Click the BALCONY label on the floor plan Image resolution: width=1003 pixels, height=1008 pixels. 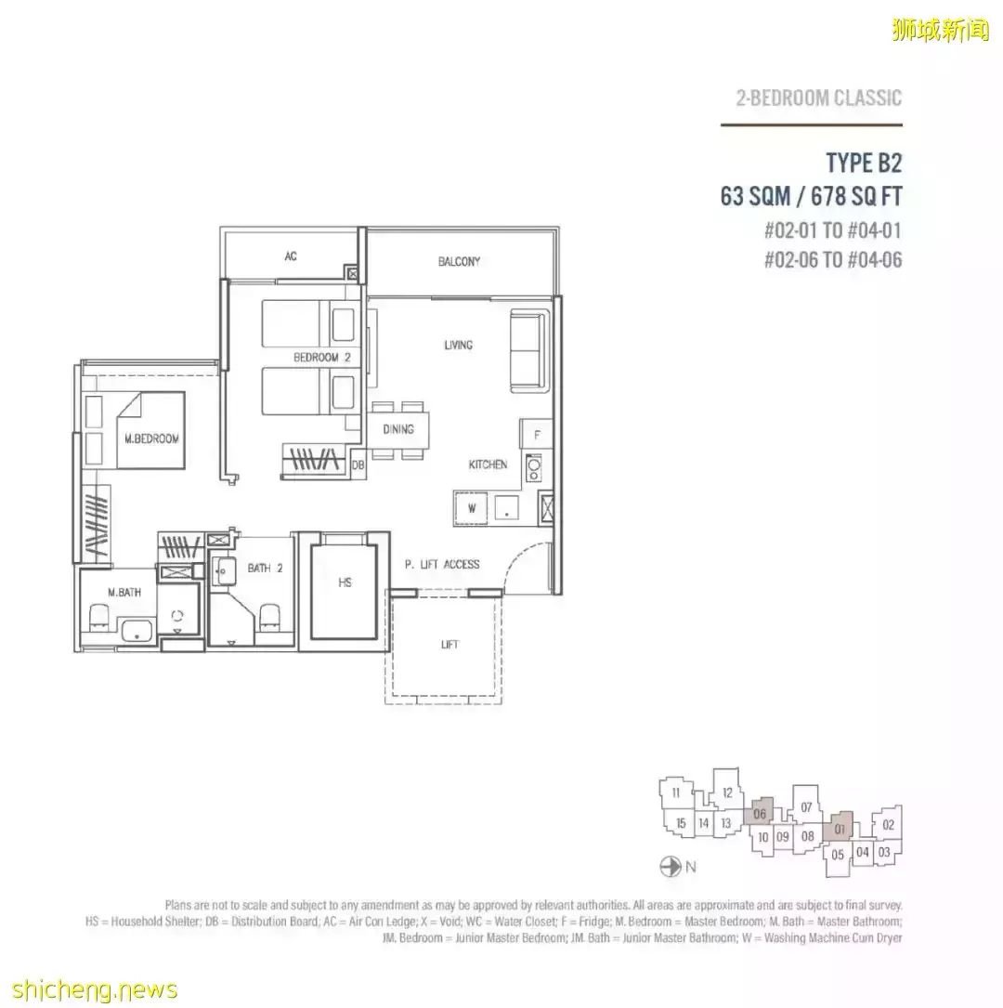[x=459, y=262]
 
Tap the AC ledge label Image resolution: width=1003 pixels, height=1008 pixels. [x=291, y=255]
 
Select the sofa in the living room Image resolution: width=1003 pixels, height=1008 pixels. [x=529, y=350]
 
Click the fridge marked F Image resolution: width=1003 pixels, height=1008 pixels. [x=537, y=434]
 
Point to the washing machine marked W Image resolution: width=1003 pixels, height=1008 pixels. [x=471, y=508]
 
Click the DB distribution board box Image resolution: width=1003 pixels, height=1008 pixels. [x=358, y=465]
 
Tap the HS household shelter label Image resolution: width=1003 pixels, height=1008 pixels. [x=345, y=583]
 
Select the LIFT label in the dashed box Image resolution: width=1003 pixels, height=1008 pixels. [x=449, y=644]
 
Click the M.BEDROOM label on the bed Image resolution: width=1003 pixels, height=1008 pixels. [x=151, y=439]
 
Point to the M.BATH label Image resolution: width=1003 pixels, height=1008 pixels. [x=124, y=592]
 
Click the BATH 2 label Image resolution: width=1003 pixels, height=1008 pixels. [x=265, y=569]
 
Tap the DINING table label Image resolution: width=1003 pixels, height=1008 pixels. [x=397, y=429]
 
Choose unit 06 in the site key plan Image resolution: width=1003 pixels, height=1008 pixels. [x=759, y=813]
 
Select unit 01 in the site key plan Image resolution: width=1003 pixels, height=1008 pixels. [x=840, y=828]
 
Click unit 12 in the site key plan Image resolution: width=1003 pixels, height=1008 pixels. [x=726, y=792]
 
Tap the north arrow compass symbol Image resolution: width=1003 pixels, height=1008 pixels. [x=671, y=867]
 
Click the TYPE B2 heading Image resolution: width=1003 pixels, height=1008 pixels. [x=864, y=164]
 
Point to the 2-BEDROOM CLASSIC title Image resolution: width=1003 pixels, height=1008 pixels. [x=818, y=98]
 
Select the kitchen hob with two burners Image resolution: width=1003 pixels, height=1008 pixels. [x=533, y=467]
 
